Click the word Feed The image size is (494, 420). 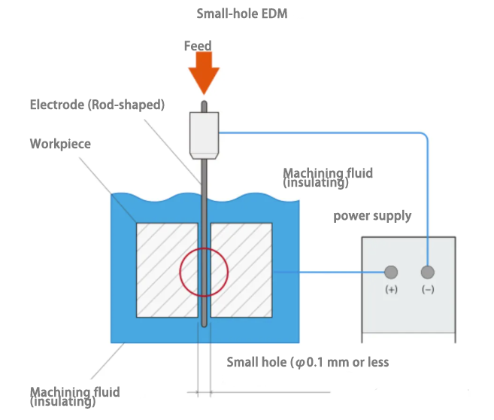click(198, 46)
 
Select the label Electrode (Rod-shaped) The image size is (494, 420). click(97, 105)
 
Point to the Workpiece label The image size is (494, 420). click(60, 143)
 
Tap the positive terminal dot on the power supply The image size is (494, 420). click(391, 272)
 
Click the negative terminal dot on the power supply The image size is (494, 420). click(428, 272)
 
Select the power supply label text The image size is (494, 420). click(372, 216)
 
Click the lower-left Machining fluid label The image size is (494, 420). click(74, 397)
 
